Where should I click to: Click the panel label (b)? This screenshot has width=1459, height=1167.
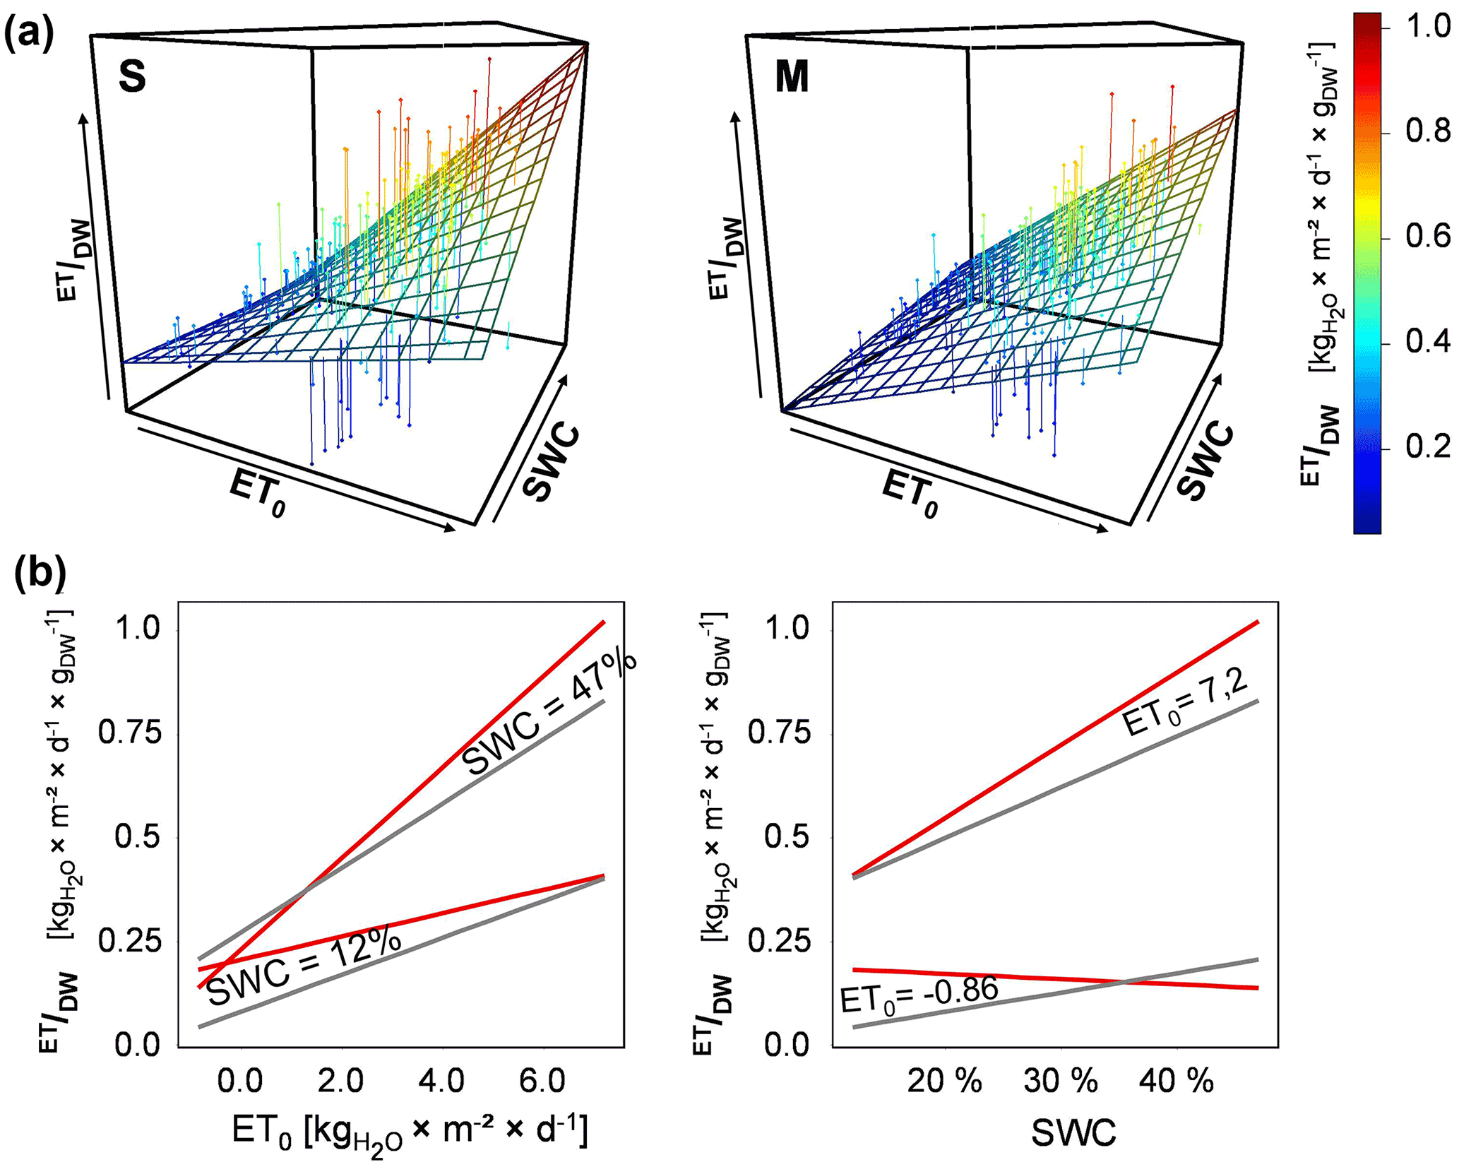coord(40,573)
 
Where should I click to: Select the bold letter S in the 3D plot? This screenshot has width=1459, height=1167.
coord(132,77)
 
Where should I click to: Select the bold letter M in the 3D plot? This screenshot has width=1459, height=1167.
coord(791,77)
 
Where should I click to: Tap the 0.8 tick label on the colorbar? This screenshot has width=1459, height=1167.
coord(1427,131)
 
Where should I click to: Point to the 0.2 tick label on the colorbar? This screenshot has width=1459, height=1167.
coord(1427,447)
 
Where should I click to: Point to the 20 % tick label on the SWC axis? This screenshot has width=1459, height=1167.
coord(944,1082)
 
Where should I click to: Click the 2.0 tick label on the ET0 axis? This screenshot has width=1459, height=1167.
coord(340,1082)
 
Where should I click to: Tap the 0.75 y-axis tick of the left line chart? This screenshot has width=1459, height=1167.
coord(130,733)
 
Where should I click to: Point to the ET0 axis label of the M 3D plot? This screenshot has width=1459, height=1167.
coord(911,494)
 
